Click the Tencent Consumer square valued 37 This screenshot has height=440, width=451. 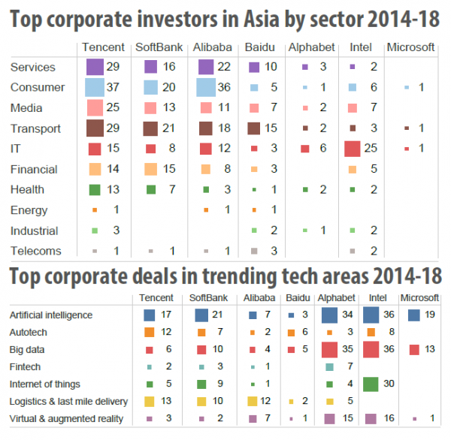[x=95, y=87]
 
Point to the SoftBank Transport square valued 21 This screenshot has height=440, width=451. [x=150, y=128]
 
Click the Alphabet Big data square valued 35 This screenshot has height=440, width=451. [x=328, y=349]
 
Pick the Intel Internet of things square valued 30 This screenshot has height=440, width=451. [x=370, y=384]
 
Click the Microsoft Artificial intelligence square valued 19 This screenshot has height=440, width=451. [x=413, y=315]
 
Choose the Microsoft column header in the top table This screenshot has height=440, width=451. [x=410, y=47]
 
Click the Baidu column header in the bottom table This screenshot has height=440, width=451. [x=297, y=298]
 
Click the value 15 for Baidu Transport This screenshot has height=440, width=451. [x=271, y=128]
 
